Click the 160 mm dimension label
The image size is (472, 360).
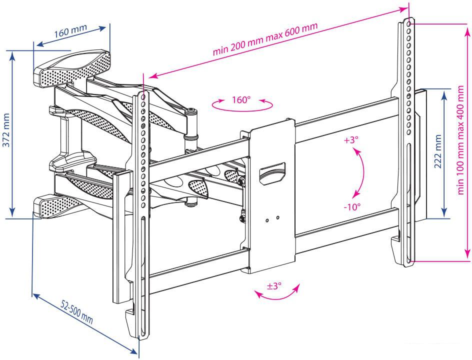click(70, 30)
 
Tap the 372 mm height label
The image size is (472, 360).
click(6, 130)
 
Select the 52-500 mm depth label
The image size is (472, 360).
click(77, 312)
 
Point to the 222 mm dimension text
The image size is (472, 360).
click(438, 151)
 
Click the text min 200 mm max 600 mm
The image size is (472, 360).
click(265, 39)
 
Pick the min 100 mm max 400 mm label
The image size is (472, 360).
click(460, 140)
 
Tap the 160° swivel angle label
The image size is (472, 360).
click(241, 99)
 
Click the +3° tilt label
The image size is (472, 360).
click(351, 140)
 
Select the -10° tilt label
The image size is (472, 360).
click(352, 207)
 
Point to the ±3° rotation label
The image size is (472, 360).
click(274, 285)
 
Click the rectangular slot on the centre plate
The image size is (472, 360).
click(272, 173)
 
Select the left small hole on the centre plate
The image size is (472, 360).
click(267, 220)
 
